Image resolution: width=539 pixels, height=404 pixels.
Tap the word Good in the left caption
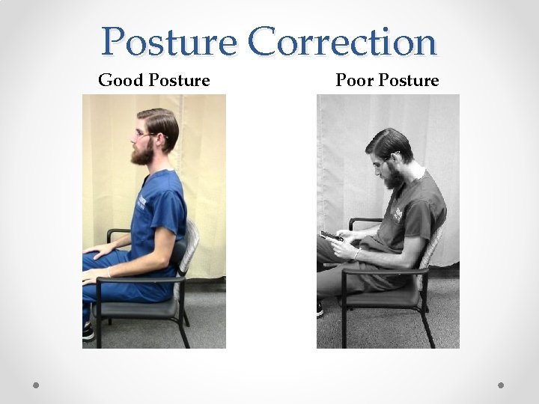pos(121,80)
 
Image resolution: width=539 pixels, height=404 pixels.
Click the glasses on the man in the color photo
pos(144,135)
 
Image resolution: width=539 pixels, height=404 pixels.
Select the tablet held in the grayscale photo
pos(332,237)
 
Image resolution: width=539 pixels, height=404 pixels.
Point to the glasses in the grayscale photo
pos(382,160)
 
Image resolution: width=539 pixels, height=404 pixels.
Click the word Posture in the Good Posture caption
pos(180,80)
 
